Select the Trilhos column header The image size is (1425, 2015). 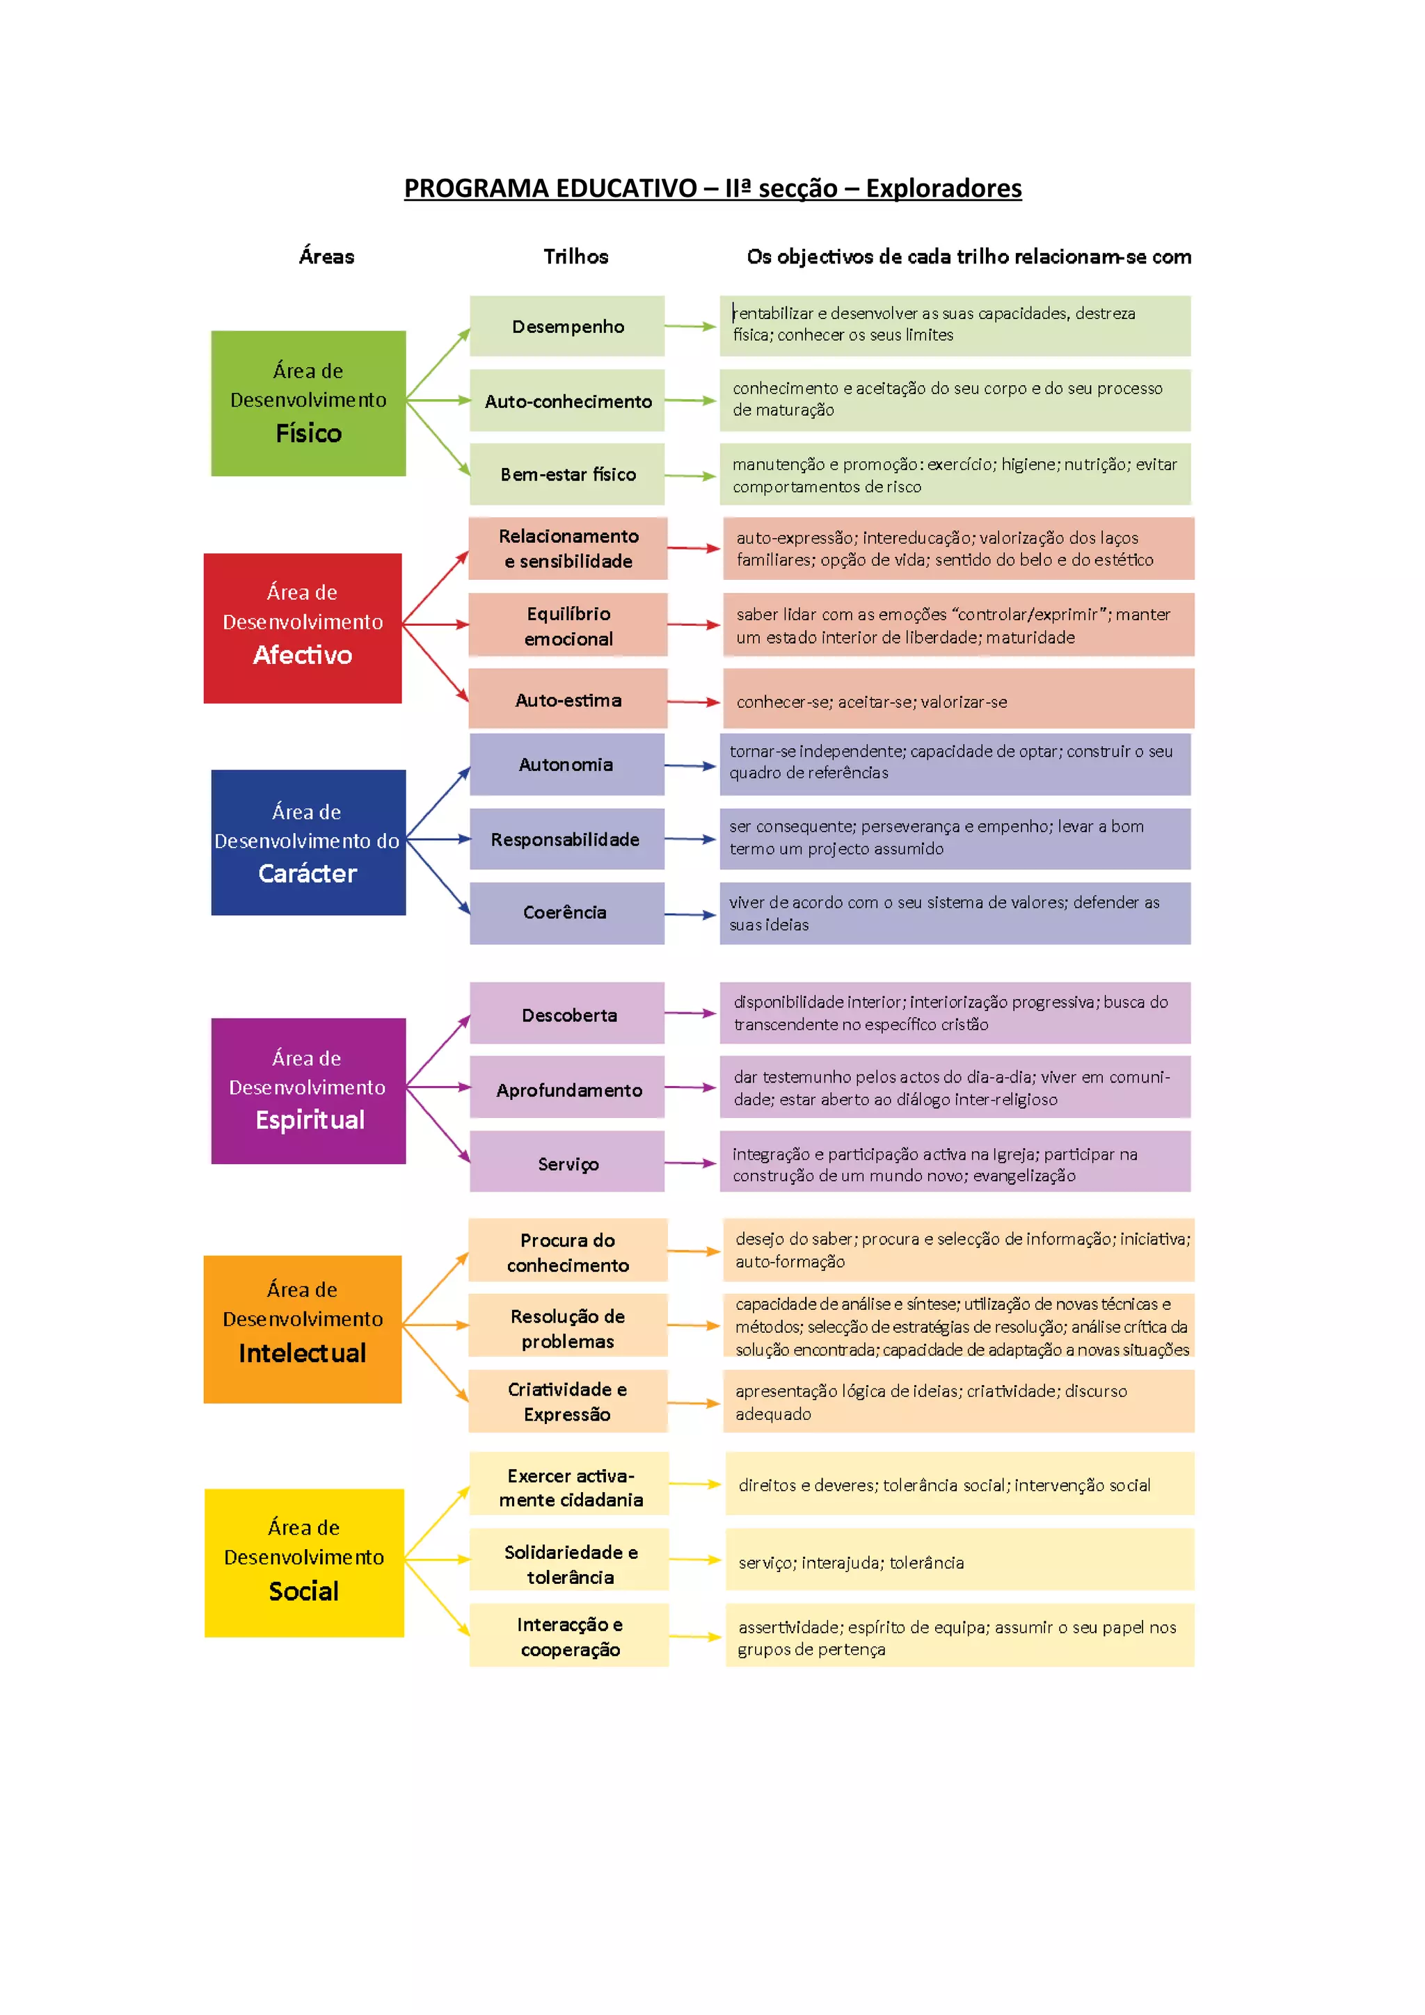coord(575,257)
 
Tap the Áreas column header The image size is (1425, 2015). coord(326,257)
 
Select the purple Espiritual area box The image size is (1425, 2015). coord(308,1090)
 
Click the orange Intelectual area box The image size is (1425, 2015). coord(303,1329)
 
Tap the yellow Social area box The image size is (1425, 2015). coord(304,1562)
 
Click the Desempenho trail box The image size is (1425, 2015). coord(567,327)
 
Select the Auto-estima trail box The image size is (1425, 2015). coord(567,699)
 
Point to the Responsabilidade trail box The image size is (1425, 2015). coord(567,839)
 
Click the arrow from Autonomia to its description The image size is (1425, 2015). coord(691,766)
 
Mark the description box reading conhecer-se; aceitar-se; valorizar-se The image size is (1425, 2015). coord(958,700)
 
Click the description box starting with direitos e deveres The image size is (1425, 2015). coord(959,1484)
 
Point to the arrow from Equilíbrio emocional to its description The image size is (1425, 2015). coord(694,625)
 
